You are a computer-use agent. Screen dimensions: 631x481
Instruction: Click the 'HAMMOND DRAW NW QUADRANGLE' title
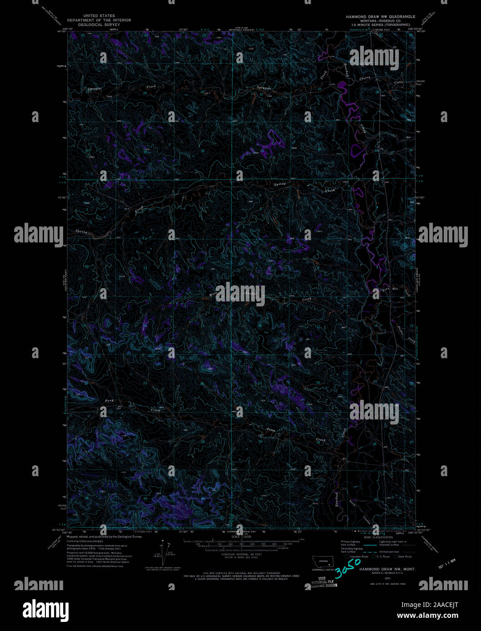(380, 16)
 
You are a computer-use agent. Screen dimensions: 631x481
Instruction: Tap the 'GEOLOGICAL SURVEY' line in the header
(99, 25)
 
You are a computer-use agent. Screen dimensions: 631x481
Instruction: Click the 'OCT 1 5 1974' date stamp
(447, 565)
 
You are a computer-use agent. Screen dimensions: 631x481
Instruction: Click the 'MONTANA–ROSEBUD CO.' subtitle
(380, 20)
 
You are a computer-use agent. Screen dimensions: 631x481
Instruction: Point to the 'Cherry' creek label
(365, 78)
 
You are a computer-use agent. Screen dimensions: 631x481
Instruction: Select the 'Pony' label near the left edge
(109, 400)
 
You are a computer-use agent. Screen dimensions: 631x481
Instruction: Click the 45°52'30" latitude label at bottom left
(60, 530)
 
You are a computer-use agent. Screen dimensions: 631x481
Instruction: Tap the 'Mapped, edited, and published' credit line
(104, 537)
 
